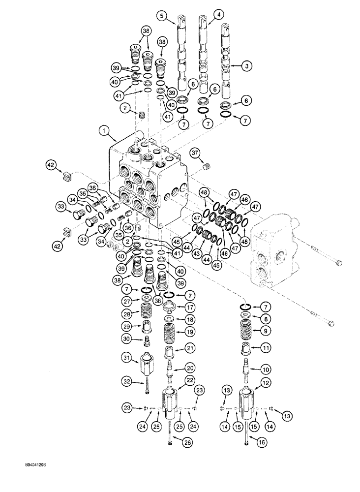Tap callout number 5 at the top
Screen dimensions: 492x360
coord(162,17)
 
